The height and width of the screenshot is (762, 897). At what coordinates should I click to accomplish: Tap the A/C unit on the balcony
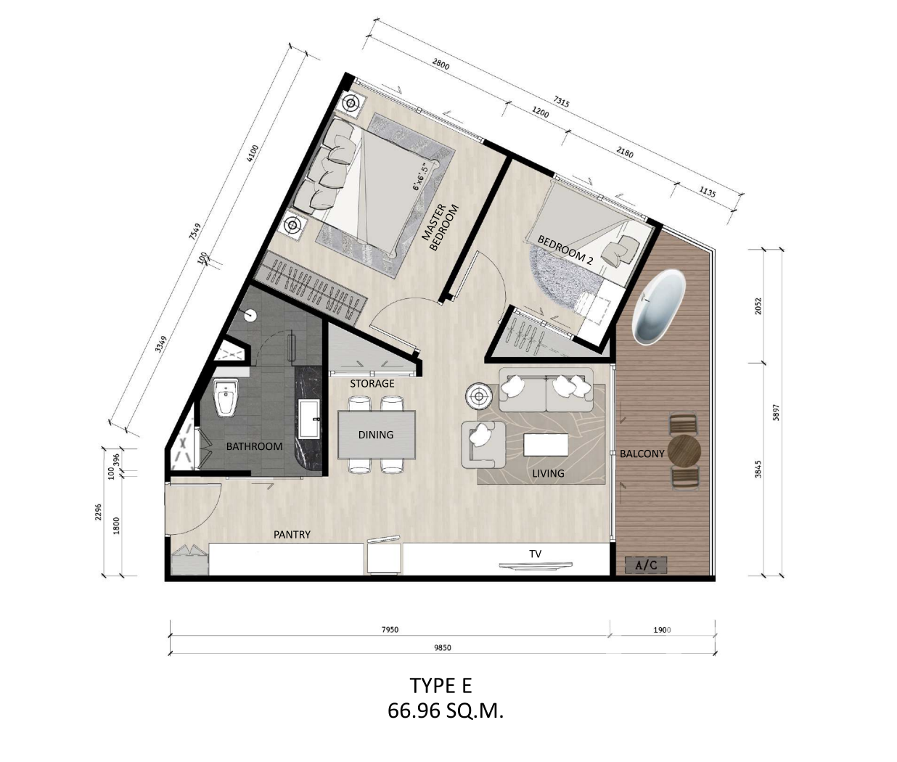(x=646, y=565)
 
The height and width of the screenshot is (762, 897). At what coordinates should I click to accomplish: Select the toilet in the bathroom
(x=227, y=397)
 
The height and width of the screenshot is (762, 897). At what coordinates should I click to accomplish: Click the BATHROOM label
(x=254, y=446)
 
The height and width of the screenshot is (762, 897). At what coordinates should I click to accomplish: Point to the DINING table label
(x=376, y=435)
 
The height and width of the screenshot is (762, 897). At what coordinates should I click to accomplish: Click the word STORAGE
(x=372, y=384)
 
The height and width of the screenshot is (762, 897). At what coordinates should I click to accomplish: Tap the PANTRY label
(x=292, y=535)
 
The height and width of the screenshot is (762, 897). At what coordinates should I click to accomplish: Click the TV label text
(x=535, y=554)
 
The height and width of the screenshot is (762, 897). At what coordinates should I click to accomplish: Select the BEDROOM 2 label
(x=565, y=250)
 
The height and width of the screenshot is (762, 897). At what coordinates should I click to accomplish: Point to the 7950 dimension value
(x=390, y=630)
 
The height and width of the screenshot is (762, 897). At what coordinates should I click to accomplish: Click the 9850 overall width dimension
(x=442, y=648)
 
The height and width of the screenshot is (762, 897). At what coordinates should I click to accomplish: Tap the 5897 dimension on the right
(x=777, y=412)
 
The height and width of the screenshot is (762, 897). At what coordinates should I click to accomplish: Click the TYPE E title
(x=441, y=686)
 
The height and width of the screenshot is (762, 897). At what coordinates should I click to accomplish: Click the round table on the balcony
(x=684, y=451)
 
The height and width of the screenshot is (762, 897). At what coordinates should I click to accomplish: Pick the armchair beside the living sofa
(x=483, y=443)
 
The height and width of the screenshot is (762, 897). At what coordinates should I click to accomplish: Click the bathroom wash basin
(x=309, y=419)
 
